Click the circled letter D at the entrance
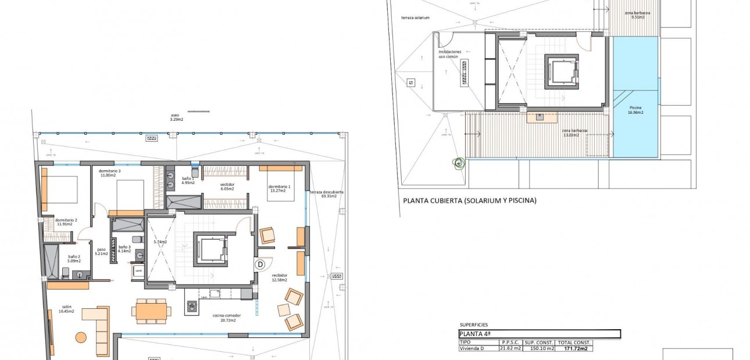click(x=260, y=264)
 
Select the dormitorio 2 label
click(x=66, y=222)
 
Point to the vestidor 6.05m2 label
click(x=226, y=186)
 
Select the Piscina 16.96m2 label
click(x=635, y=110)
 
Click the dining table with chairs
click(x=151, y=311)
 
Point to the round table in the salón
click(x=81, y=336)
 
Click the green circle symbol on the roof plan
click(x=459, y=163)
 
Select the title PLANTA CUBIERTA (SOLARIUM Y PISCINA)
click(x=470, y=201)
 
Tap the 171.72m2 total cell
click(x=574, y=349)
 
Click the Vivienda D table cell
click(x=472, y=349)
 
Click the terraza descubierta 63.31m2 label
click(x=326, y=194)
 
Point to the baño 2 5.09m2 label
click(x=74, y=258)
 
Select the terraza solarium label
click(x=415, y=18)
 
